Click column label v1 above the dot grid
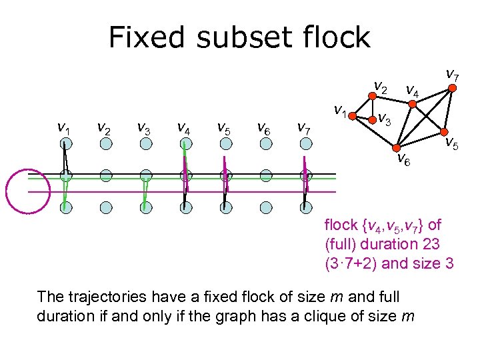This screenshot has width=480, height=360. pos(64,127)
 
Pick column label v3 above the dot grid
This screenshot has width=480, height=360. pos(144,127)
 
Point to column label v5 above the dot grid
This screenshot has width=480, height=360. pos(225,127)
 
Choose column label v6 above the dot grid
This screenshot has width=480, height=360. pos(264,127)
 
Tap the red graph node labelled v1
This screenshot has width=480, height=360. pos(354,114)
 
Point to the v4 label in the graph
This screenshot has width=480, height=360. pos(413,89)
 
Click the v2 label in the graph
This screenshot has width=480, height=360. pos(381,85)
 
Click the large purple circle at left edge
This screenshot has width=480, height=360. pos(28,188)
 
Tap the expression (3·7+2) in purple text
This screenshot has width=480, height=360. pos(351,263)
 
